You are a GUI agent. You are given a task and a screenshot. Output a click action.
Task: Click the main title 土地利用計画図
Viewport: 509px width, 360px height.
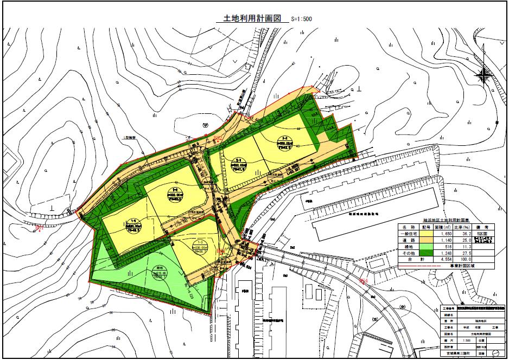(x=249, y=18)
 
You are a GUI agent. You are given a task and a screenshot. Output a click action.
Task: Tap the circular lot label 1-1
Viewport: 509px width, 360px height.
(x=133, y=223)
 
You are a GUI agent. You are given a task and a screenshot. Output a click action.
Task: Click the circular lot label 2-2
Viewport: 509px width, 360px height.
(x=284, y=140)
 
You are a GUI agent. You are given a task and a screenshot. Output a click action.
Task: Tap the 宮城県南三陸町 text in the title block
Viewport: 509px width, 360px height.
(x=464, y=354)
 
